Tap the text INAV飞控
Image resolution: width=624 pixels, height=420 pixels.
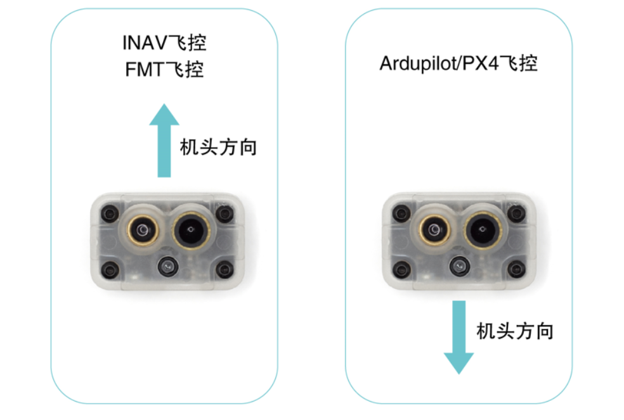tap(164, 44)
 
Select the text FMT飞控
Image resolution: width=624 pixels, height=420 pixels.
tap(164, 68)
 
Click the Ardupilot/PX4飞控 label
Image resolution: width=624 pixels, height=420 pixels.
tap(458, 63)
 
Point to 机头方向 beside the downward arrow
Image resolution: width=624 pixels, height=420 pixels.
tap(515, 331)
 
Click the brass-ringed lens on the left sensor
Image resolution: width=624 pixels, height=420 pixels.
tap(143, 229)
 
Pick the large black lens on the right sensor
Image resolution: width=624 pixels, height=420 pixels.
tap(483, 229)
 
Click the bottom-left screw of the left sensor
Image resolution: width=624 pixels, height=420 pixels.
tap(110, 270)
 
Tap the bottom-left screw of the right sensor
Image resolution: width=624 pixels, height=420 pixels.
tap(403, 270)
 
